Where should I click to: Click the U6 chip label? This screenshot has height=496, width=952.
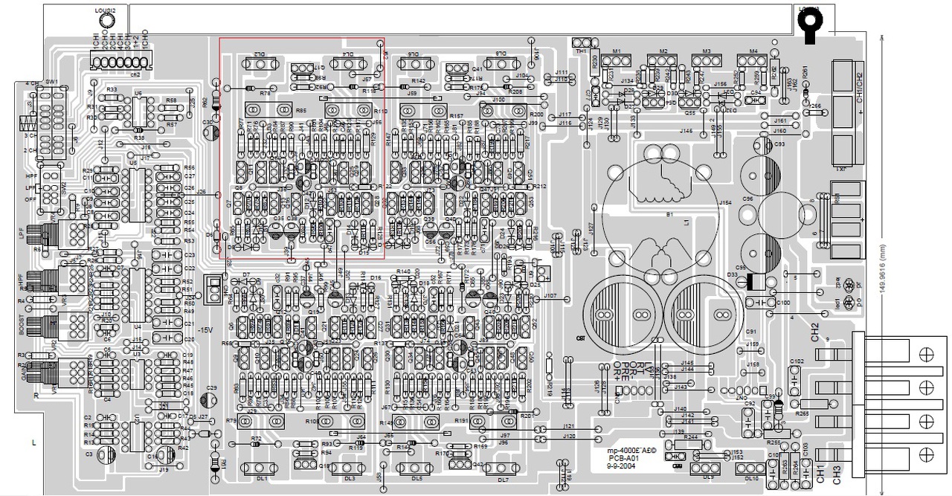[x=138, y=94]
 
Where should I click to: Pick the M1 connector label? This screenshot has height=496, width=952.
[x=617, y=51]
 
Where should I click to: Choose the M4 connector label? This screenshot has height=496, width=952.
[x=753, y=51]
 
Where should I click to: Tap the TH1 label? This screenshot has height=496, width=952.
[x=581, y=51]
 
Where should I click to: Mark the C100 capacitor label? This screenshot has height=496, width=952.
[x=782, y=303]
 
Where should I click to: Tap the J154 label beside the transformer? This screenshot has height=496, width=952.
[x=725, y=202]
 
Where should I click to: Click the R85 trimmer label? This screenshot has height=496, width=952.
[x=300, y=110]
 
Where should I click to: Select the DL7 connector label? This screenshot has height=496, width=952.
[x=503, y=480]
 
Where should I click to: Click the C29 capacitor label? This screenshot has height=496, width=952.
[x=212, y=388]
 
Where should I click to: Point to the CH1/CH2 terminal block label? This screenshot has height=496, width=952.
[x=861, y=87]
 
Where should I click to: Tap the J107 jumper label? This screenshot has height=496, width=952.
[x=550, y=296]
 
